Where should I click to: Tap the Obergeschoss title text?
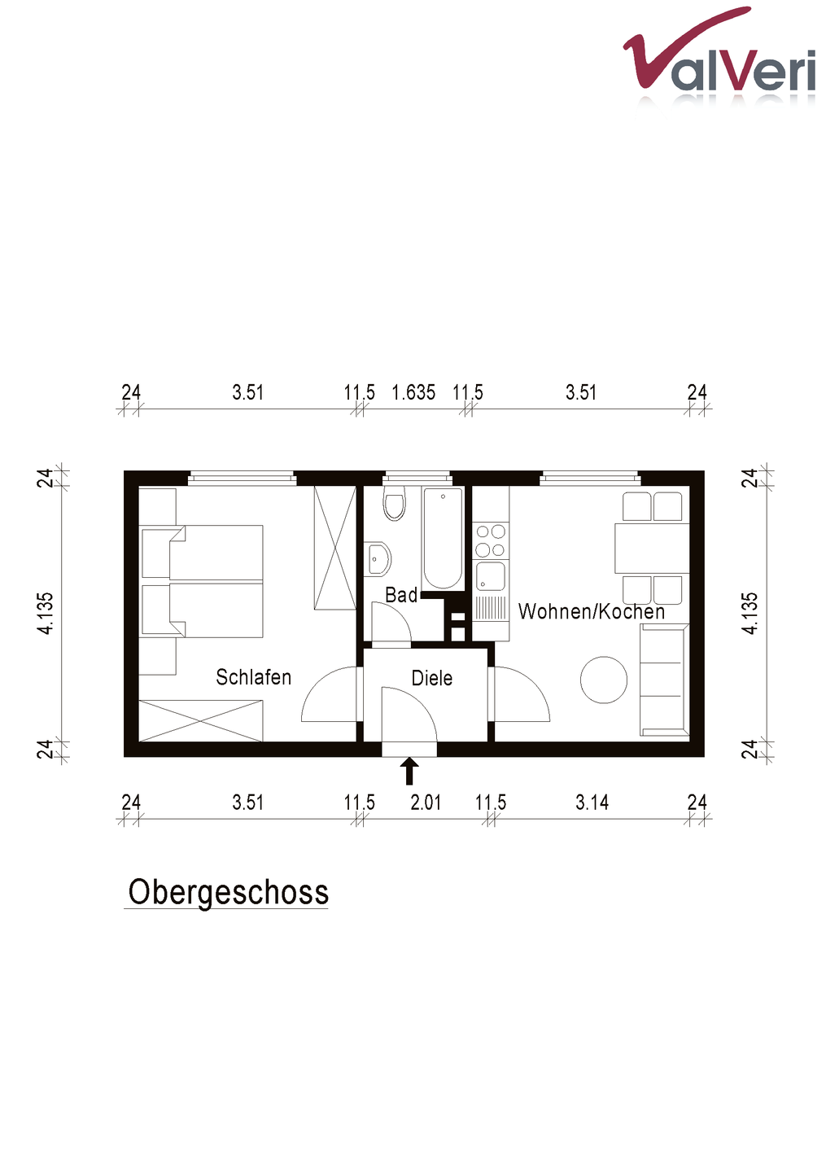click(229, 892)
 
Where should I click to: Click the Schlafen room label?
click(253, 677)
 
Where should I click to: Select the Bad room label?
click(400, 595)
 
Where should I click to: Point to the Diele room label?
click(431, 678)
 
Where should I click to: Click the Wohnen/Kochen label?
click(591, 611)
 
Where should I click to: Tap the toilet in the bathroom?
click(395, 503)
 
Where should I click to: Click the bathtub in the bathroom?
click(443, 539)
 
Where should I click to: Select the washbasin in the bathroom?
click(377, 559)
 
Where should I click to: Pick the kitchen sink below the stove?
click(490, 577)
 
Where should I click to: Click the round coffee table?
click(604, 680)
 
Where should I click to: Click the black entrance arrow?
click(409, 772)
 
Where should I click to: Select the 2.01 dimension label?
click(426, 802)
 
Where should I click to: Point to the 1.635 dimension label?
click(413, 392)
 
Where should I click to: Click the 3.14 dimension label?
click(592, 802)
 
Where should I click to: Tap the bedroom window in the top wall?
click(243, 477)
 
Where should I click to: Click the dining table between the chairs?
click(652, 548)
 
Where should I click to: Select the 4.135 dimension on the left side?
click(46, 613)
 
